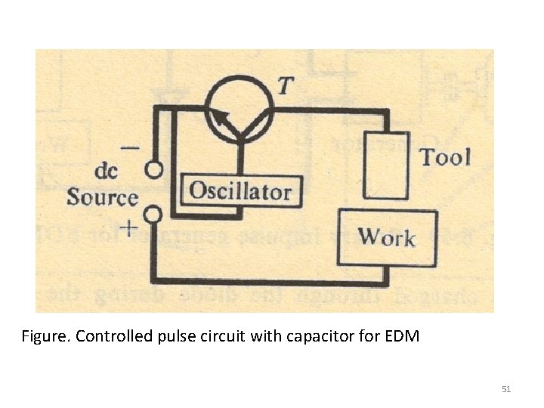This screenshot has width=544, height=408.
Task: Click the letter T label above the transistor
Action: coord(283,85)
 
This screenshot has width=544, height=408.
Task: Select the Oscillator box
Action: coord(240,190)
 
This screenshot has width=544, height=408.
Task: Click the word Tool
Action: coord(445,157)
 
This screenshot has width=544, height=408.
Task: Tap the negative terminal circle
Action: coord(154,170)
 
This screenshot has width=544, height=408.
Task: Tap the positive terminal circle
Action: coord(154,216)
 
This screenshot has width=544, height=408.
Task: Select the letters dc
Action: coord(107,172)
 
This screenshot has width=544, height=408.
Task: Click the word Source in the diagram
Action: coord(103,198)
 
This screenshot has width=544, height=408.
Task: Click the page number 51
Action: coord(506,389)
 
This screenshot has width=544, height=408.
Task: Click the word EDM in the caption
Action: coord(401,335)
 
